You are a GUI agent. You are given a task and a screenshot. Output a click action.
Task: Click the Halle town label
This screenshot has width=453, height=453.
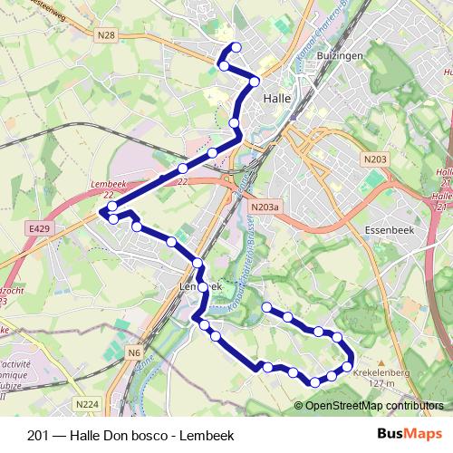tap(276, 98)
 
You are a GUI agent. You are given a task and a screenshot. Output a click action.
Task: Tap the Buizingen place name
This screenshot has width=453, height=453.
tap(321, 54)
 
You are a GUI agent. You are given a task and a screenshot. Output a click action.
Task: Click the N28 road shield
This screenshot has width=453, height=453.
tap(107, 35)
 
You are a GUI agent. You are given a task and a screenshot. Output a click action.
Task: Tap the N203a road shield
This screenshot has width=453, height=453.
tap(265, 207)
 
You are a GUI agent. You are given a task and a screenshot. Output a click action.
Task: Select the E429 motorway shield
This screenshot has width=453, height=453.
tap(39, 230)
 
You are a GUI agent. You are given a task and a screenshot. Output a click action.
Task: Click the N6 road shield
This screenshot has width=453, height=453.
tap(134, 352)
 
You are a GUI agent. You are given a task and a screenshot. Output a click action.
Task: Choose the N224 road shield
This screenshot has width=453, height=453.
tap(87, 404)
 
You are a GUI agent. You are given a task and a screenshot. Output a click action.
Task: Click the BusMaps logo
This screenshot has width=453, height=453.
tap(410, 434)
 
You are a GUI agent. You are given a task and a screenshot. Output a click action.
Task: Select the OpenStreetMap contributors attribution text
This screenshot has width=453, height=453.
tap(374, 406)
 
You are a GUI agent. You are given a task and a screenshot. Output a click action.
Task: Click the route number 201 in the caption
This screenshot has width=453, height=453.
tap(38, 435)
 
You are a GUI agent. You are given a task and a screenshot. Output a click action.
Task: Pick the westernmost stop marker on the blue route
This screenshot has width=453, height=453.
tap(102, 212)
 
